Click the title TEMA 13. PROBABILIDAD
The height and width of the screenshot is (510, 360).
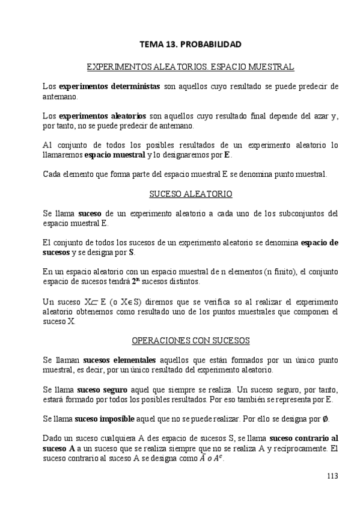coord(191,45)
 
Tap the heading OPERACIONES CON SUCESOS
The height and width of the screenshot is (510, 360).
coord(191,340)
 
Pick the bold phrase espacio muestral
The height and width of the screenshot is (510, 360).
coord(115,155)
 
